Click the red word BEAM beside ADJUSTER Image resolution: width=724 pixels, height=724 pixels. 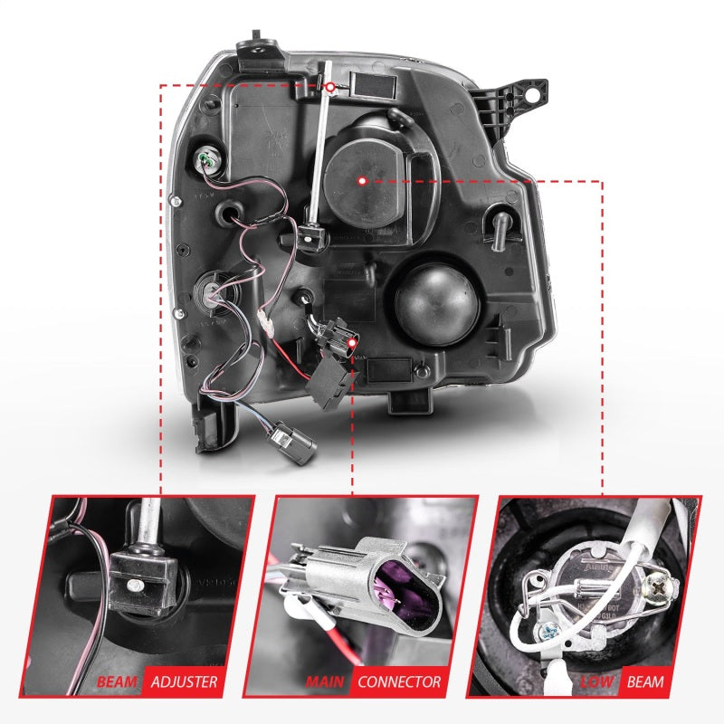119,681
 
